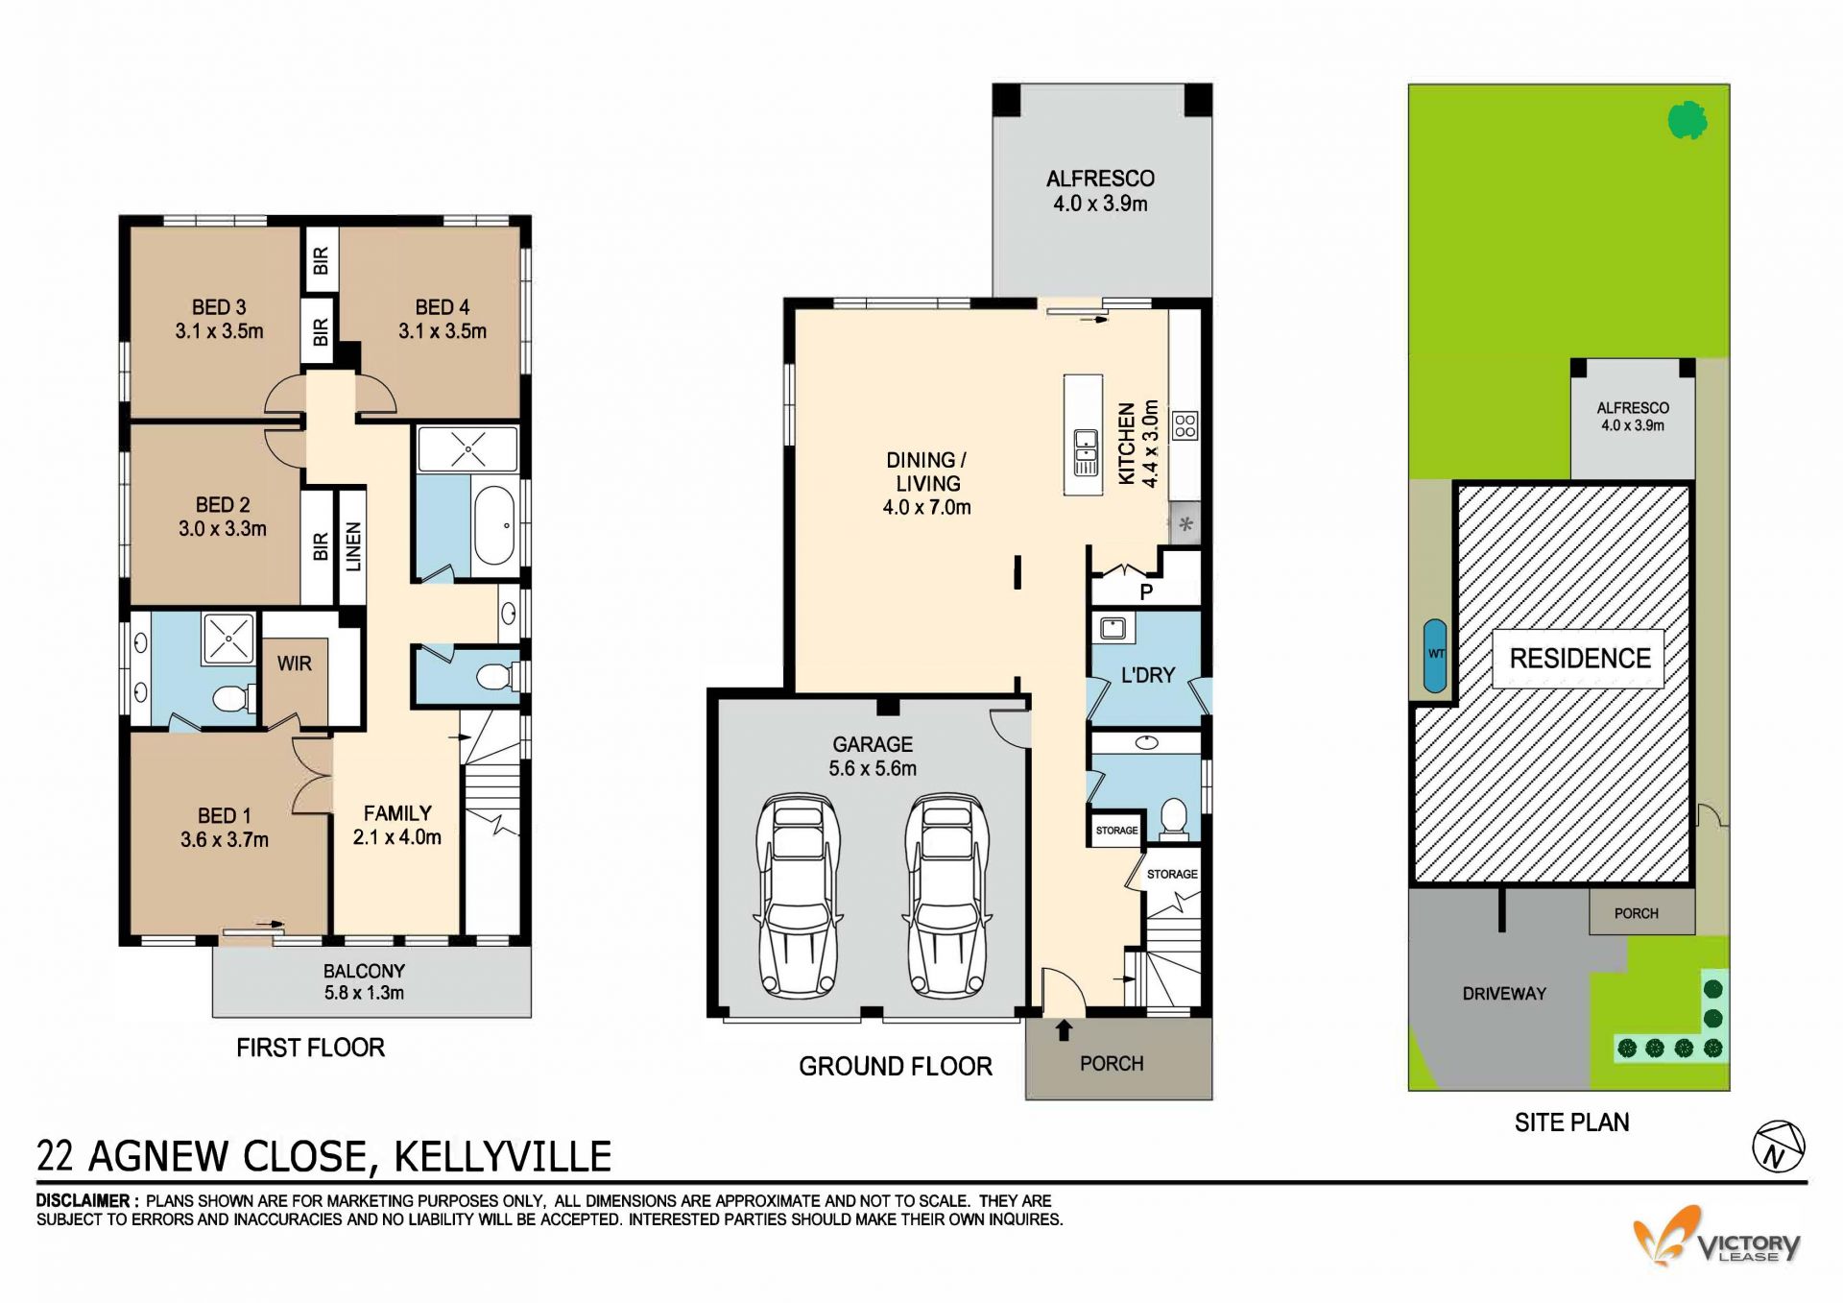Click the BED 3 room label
[x=219, y=307]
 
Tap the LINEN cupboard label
[x=353, y=546]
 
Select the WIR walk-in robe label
[x=295, y=664]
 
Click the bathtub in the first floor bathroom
[x=495, y=525]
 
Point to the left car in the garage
[x=798, y=895]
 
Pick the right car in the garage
[x=947, y=895]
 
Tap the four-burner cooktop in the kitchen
[x=1185, y=425]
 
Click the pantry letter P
[x=1146, y=592]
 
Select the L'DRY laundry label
[x=1148, y=675]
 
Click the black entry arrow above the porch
[x=1064, y=1030]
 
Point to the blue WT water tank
[x=1436, y=655]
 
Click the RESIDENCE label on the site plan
[x=1580, y=659]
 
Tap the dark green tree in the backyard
[x=1687, y=121]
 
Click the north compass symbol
[x=1779, y=1146]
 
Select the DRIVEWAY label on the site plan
[x=1504, y=994]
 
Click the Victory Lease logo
[x=1717, y=1239]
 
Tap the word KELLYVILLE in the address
[x=503, y=1156]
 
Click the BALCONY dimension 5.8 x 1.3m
[x=364, y=993]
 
